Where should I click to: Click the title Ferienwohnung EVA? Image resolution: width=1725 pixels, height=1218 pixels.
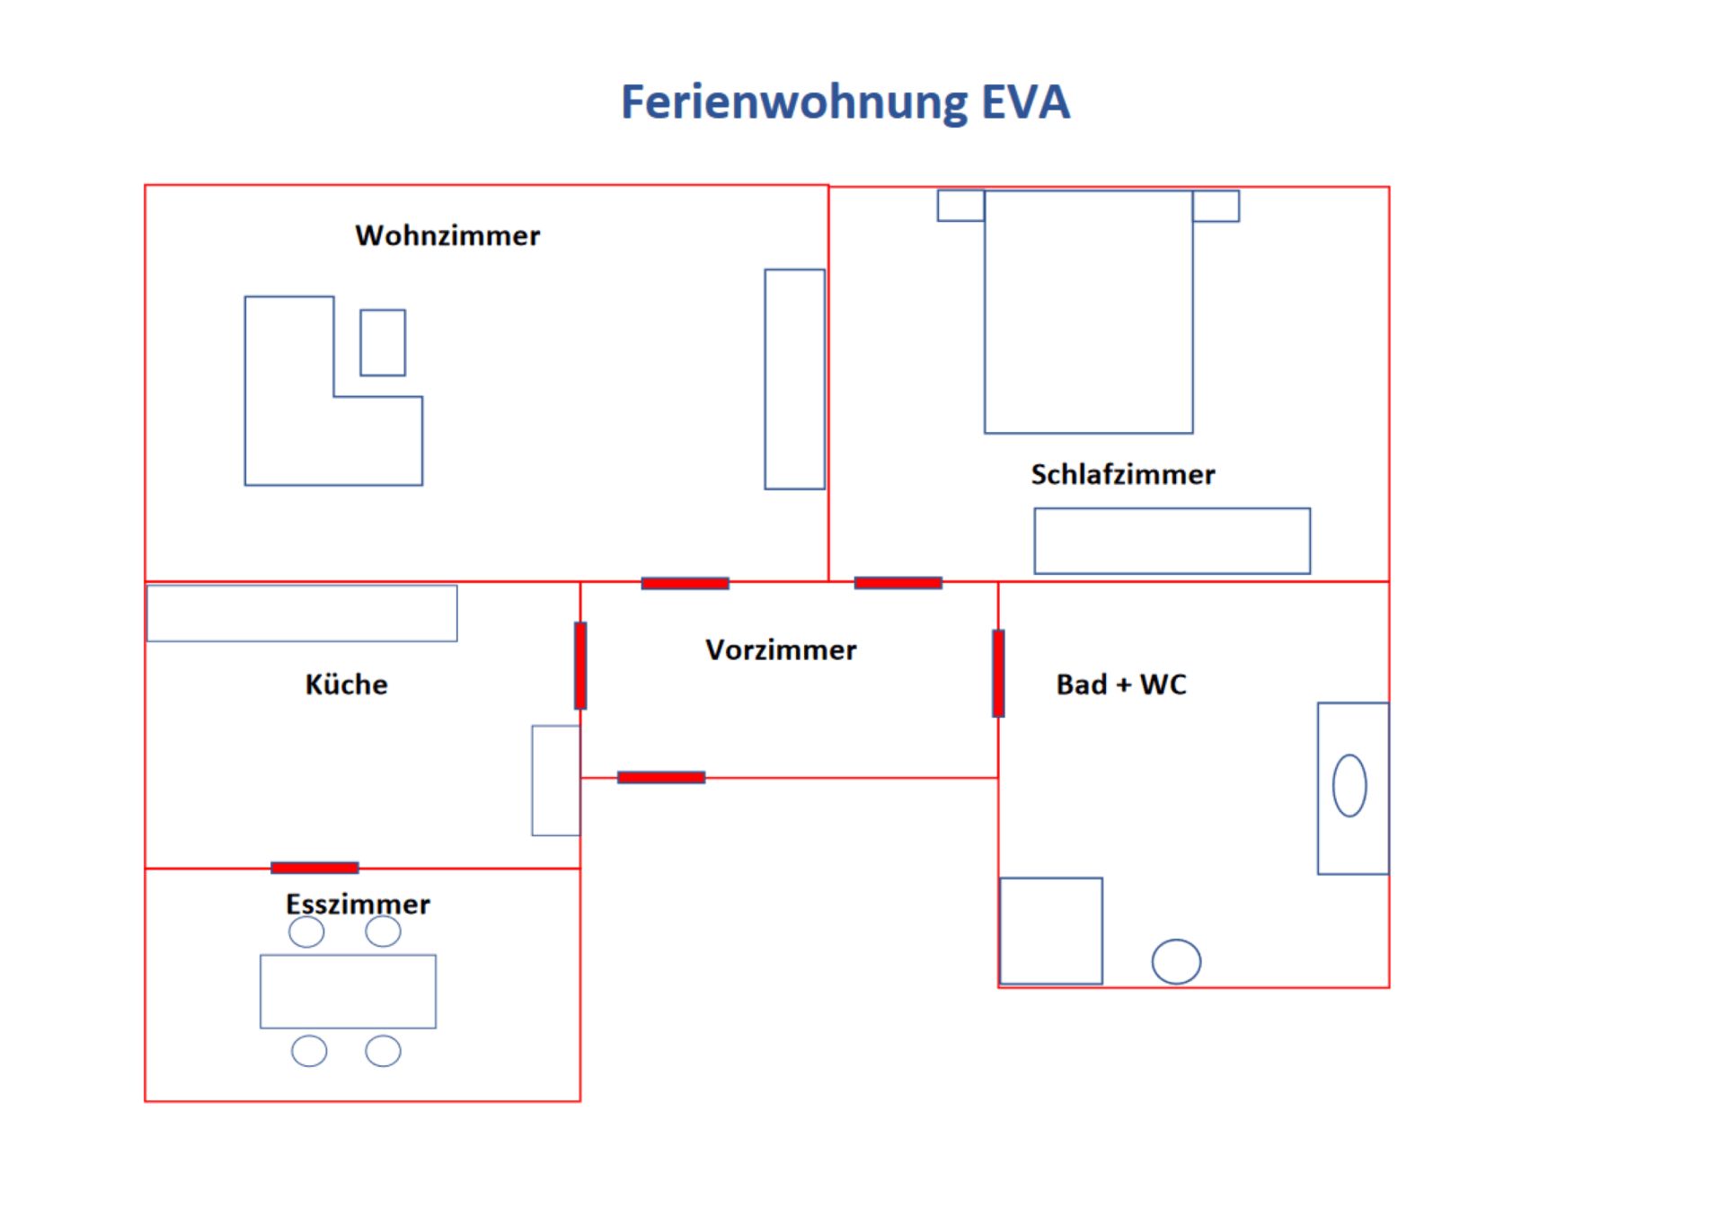point(845,101)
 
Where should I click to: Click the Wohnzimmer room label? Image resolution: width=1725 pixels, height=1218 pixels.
point(447,235)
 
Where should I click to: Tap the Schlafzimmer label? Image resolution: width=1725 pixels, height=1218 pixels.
point(1122,474)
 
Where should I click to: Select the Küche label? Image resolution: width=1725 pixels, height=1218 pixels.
point(346,684)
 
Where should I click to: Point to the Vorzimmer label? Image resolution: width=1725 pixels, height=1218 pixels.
point(780,649)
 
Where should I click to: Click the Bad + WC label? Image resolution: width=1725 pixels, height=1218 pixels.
point(1120,684)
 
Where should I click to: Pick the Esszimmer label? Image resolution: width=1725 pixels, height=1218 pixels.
point(358,904)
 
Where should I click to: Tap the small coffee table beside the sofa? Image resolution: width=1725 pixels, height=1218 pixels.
point(383,342)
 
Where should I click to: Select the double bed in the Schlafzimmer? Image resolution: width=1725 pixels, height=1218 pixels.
point(1088,312)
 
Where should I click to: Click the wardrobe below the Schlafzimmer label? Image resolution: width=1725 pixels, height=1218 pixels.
point(1172,541)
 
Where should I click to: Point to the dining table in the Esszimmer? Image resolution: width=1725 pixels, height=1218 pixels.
point(348,991)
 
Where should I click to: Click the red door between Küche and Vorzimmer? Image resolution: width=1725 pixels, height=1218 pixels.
point(580,666)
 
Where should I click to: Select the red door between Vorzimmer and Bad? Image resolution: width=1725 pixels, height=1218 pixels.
point(998,674)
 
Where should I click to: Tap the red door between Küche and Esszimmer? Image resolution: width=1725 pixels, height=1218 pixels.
point(314,868)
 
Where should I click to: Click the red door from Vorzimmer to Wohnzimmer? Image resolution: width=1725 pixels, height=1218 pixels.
point(685,584)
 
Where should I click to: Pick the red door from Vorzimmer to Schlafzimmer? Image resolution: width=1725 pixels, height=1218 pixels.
point(898,583)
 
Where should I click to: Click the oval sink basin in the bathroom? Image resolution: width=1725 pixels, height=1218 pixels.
point(1349,786)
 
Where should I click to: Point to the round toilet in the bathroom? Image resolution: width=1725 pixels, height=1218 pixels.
point(1176,961)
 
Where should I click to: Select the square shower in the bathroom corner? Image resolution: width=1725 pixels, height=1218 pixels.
point(1051,931)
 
